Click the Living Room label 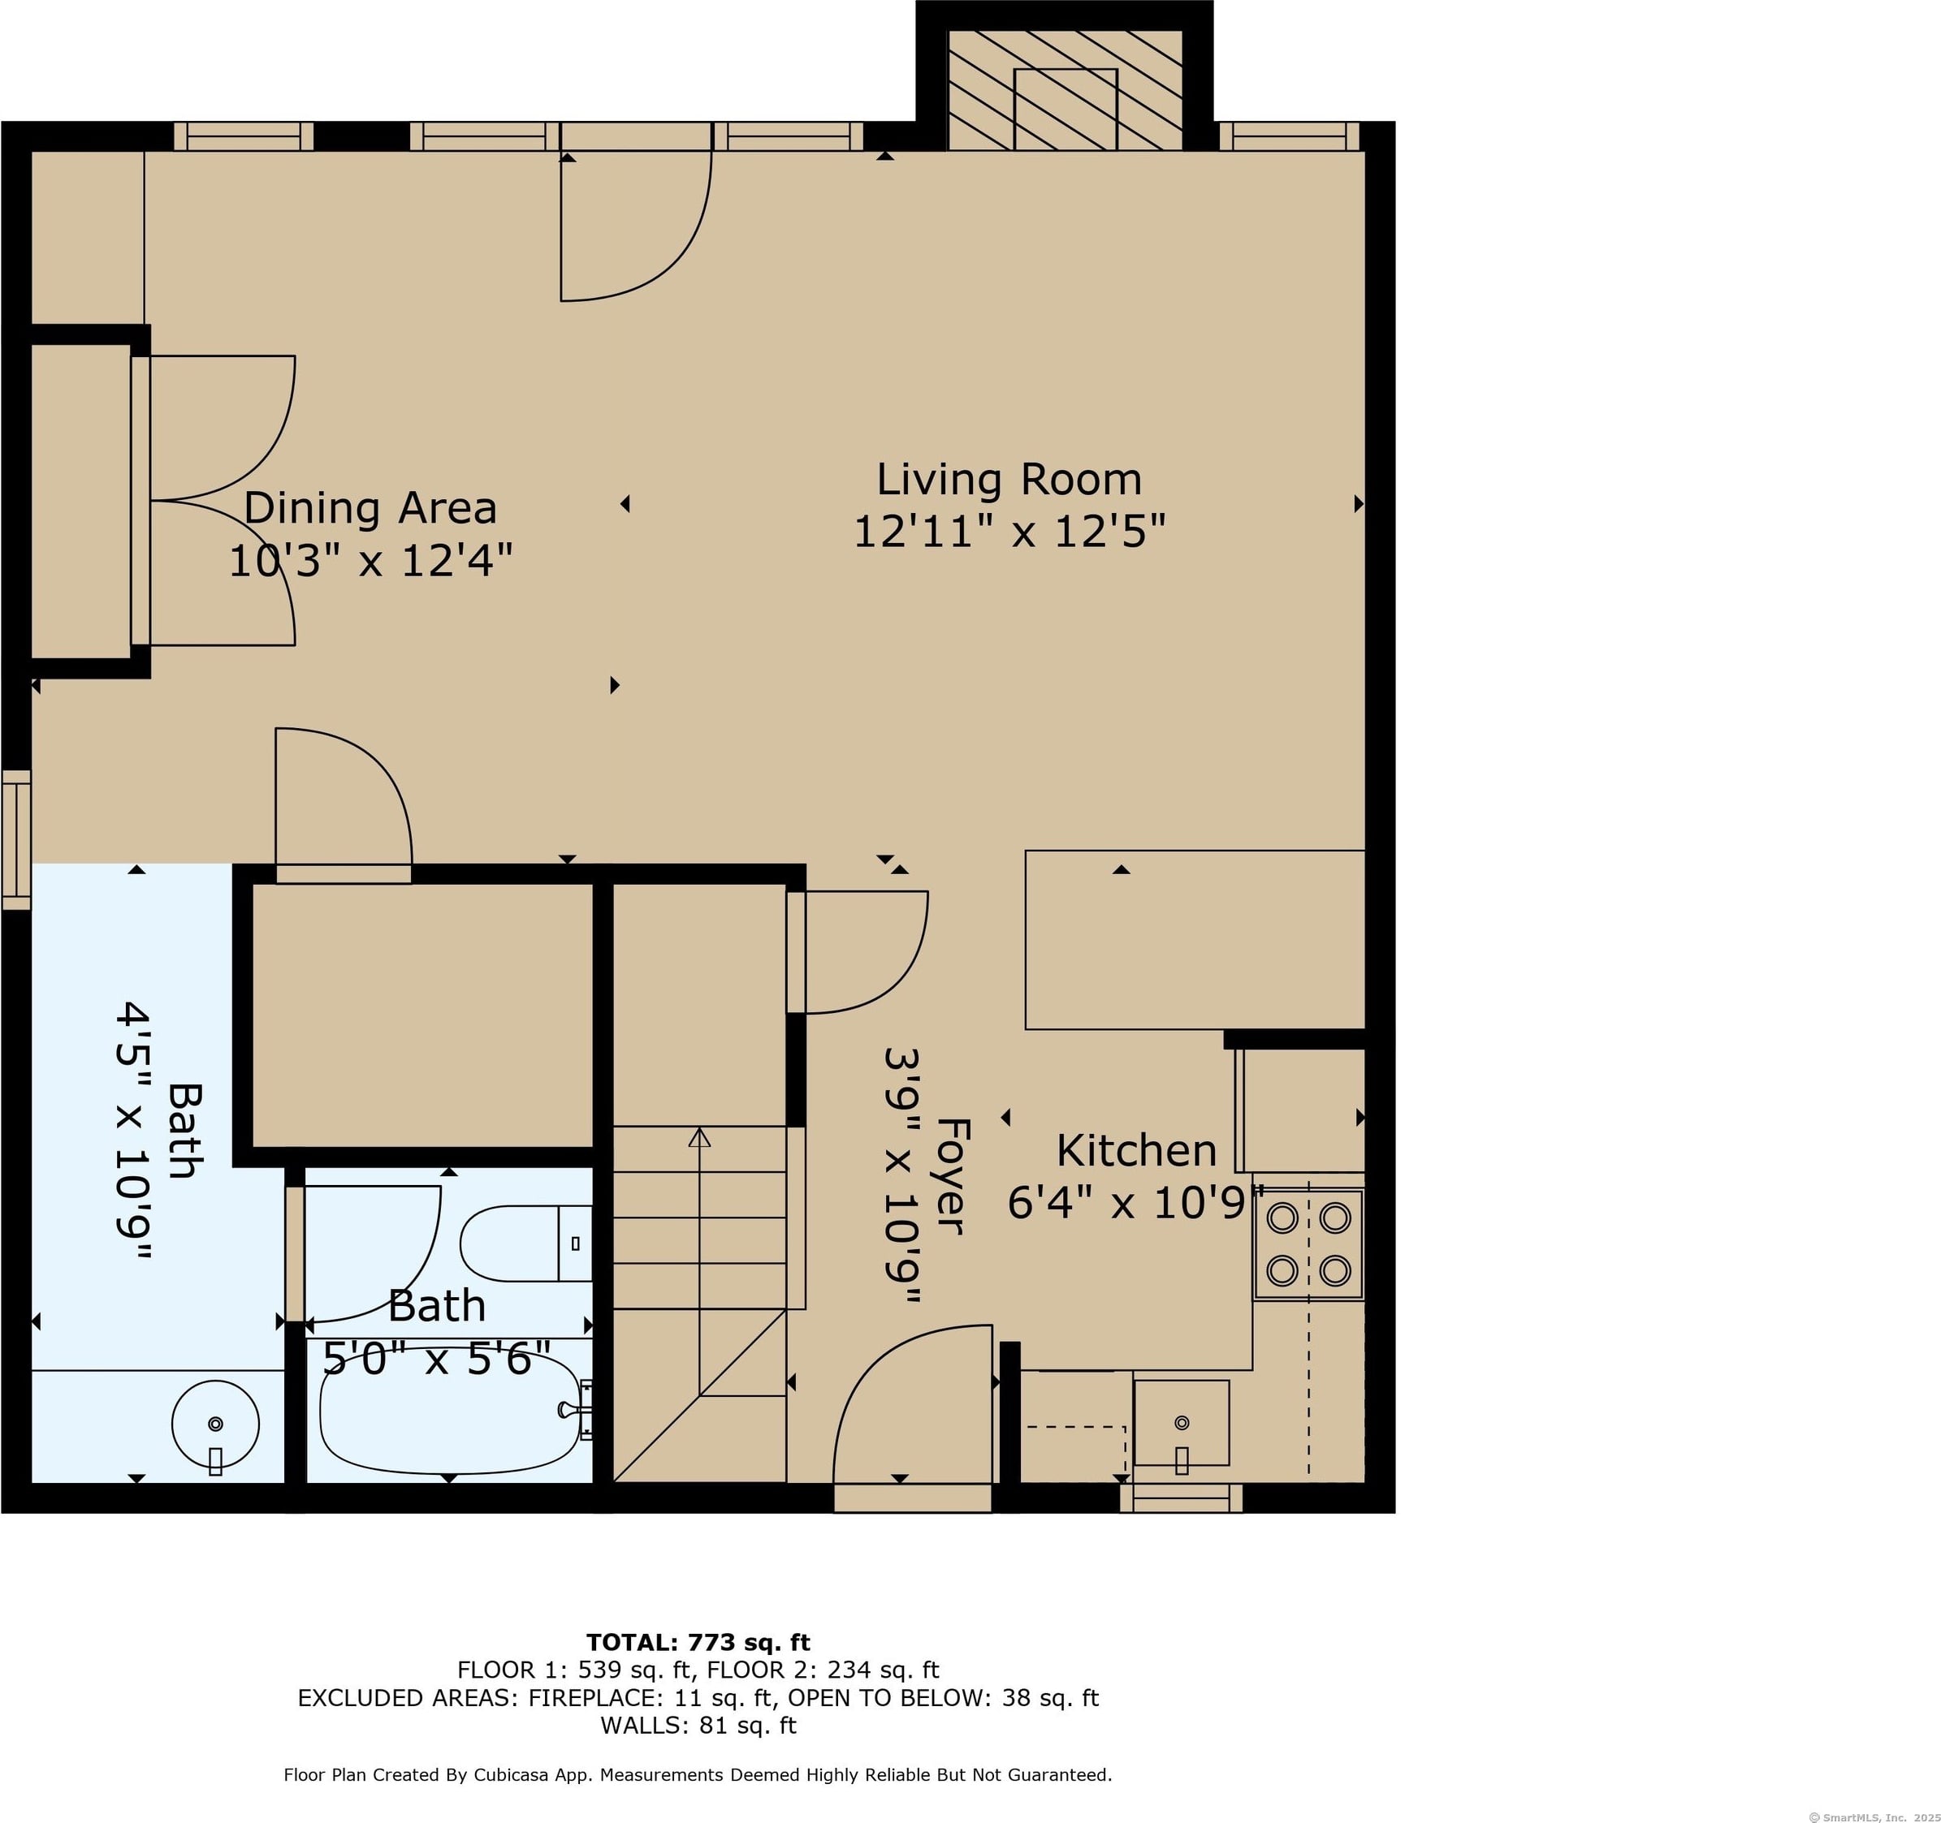(x=1009, y=479)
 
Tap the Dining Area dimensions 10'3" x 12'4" (x=370, y=561)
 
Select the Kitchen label (x=1136, y=1152)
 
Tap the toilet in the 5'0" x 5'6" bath (x=526, y=1243)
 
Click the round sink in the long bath (x=216, y=1424)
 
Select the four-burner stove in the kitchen (x=1308, y=1244)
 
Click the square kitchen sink (x=1182, y=1423)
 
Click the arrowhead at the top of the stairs (x=699, y=1137)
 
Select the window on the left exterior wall (x=16, y=839)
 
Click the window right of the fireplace (x=1289, y=136)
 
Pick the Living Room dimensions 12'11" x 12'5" (x=1009, y=532)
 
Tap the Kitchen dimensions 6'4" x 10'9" (x=1136, y=1204)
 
